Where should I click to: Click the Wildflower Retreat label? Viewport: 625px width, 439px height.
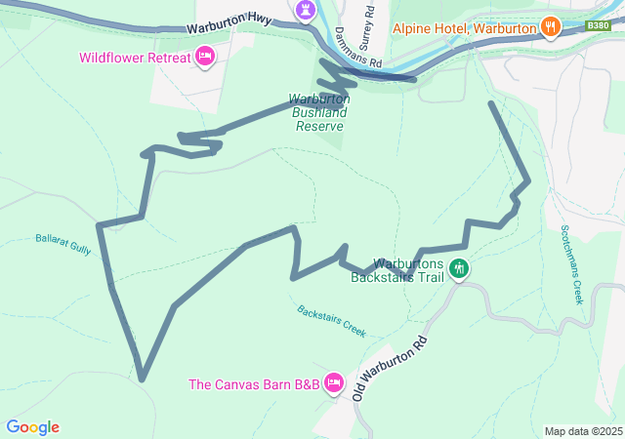coord(135,58)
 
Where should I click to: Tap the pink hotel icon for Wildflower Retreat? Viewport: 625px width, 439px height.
coord(205,57)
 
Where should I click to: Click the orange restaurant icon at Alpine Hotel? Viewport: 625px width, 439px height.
coord(552,26)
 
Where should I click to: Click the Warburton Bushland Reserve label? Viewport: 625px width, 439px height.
coord(318,112)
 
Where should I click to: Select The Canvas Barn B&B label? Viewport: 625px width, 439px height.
coord(253,383)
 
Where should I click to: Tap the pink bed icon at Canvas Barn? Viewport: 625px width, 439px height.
coord(334,381)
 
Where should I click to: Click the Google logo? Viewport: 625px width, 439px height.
coord(32,427)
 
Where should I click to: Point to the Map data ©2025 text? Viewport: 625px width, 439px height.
coord(582,431)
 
